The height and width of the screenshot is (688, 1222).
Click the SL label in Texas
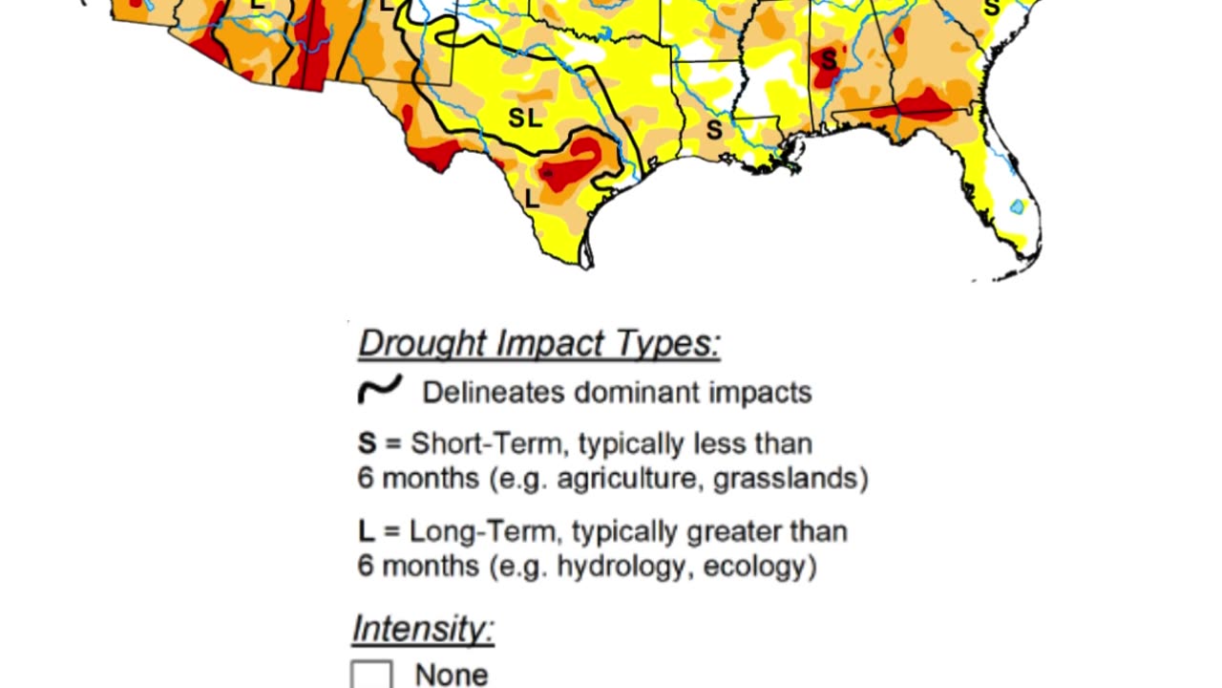click(x=525, y=118)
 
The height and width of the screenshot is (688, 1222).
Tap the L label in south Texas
click(x=533, y=199)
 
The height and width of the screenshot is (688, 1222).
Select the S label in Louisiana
click(x=713, y=130)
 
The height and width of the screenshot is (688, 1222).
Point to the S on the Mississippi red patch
click(x=829, y=60)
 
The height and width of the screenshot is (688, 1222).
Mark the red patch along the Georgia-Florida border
click(x=921, y=105)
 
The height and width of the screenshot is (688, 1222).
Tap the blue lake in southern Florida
click(x=1017, y=206)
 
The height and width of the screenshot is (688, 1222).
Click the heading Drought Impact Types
click(x=538, y=343)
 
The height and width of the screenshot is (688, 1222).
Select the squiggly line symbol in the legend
click(x=379, y=390)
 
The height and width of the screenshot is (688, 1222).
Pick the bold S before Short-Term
click(x=368, y=443)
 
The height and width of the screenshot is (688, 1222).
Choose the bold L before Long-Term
click(x=366, y=531)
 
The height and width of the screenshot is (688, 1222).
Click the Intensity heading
click(x=423, y=629)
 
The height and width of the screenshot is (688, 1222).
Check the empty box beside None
click(x=371, y=675)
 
